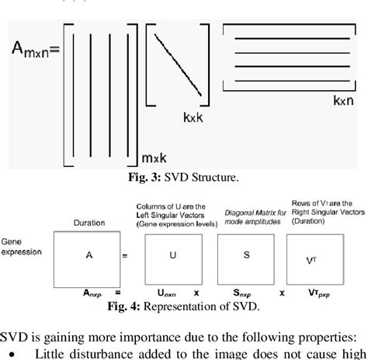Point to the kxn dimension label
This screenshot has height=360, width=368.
pos(345,101)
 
